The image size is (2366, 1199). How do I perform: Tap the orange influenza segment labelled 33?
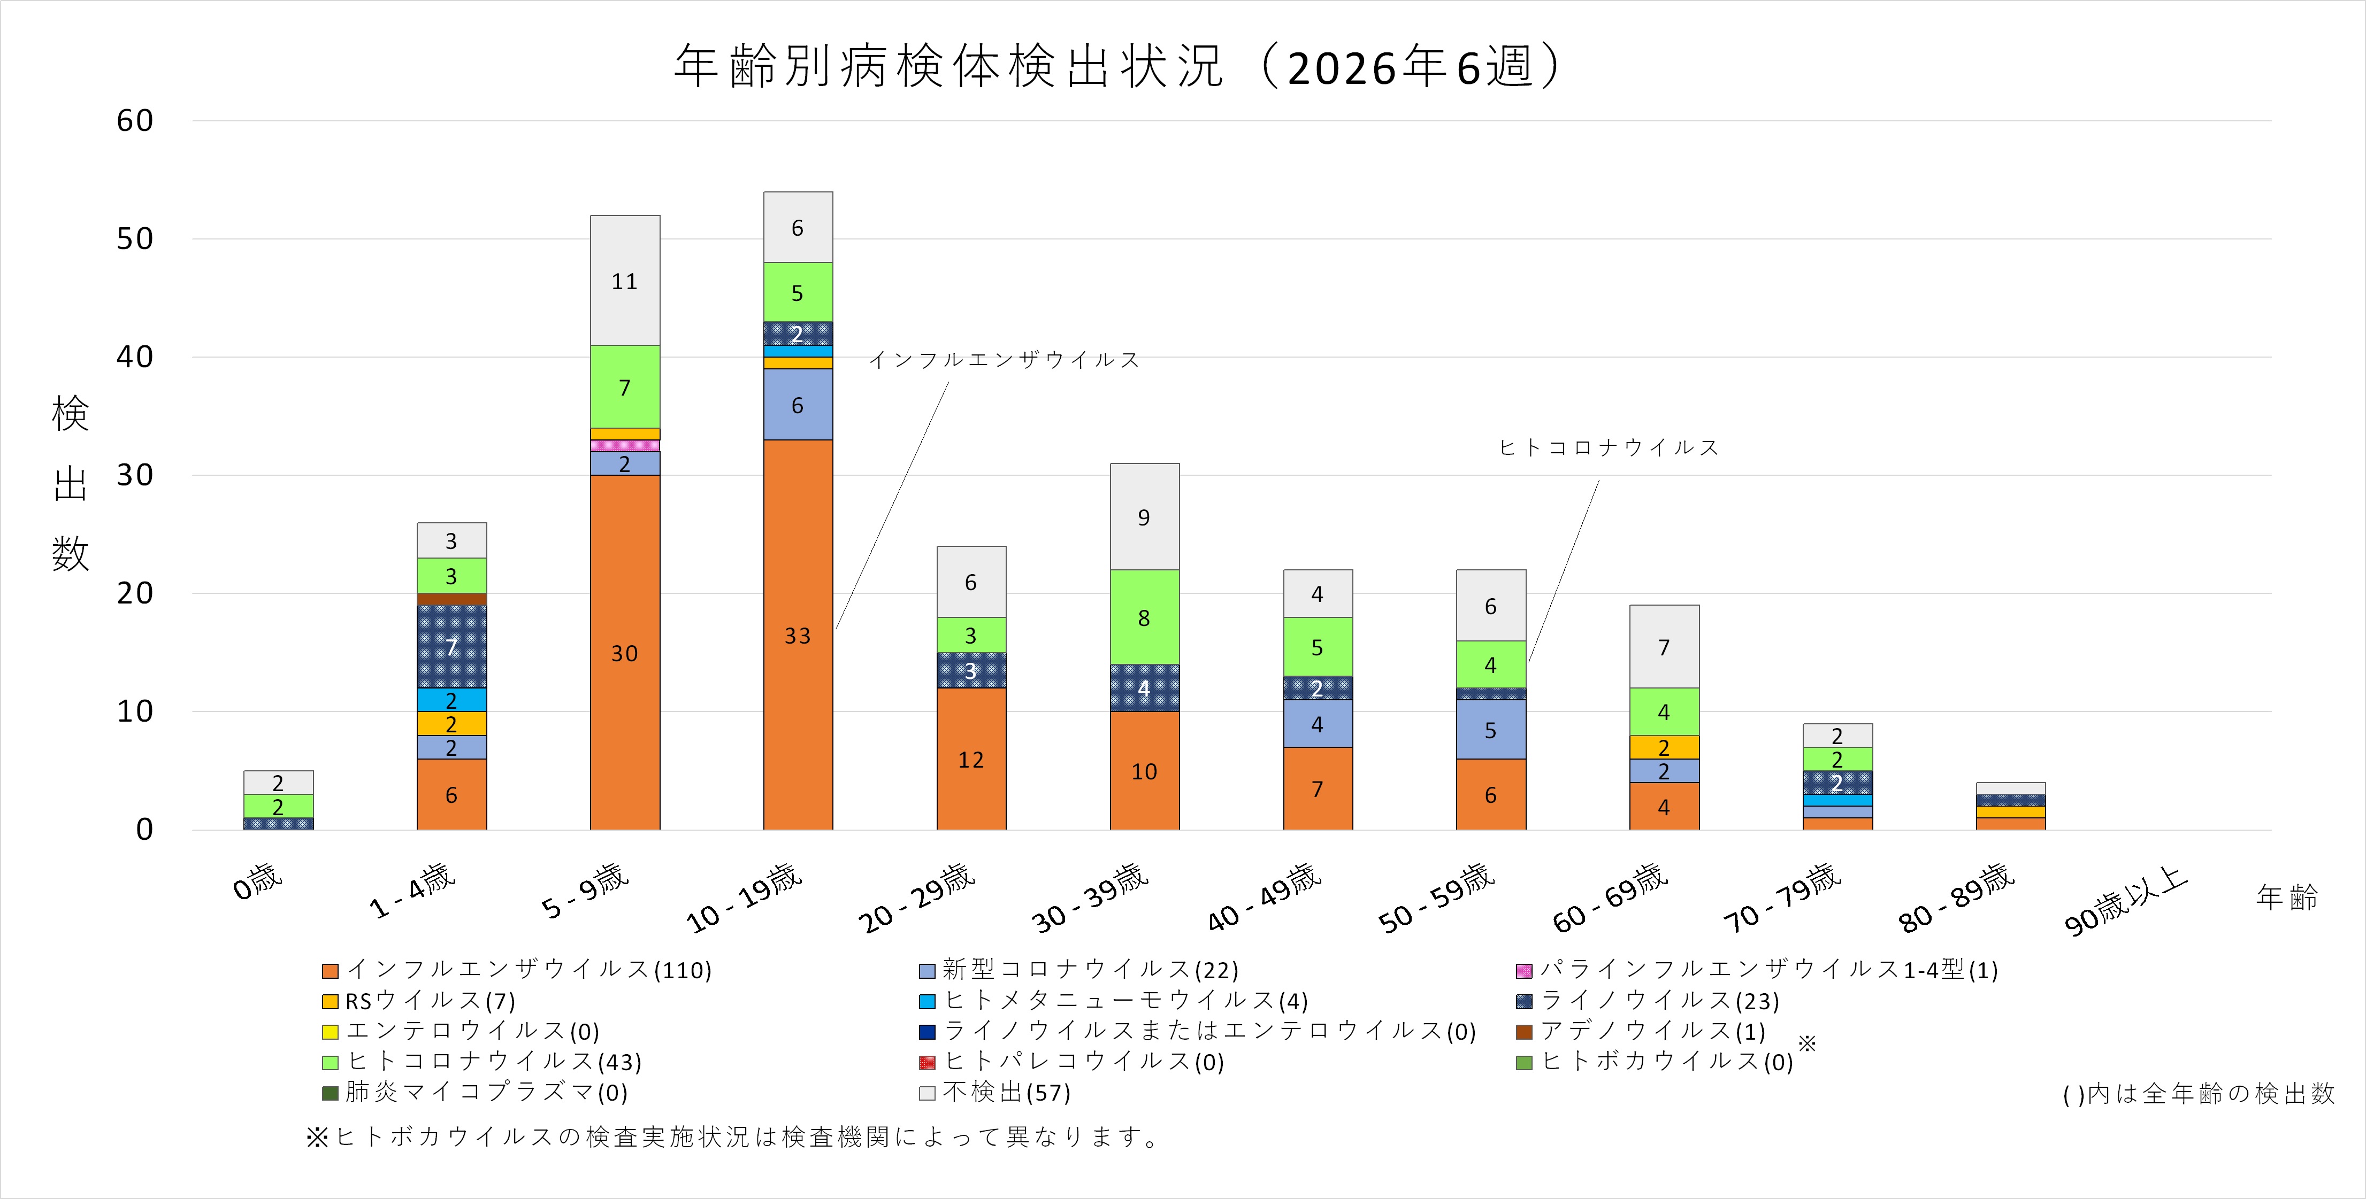[797, 635]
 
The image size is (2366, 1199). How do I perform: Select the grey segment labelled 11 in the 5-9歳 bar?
[625, 281]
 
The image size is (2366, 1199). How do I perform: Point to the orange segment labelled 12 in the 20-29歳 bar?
[971, 759]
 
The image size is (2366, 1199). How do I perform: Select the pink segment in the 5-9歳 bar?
[625, 445]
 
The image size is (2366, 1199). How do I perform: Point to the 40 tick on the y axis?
[134, 357]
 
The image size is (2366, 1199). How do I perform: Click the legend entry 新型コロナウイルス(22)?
[1079, 970]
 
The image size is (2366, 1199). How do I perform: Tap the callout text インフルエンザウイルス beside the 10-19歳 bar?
[1004, 360]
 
